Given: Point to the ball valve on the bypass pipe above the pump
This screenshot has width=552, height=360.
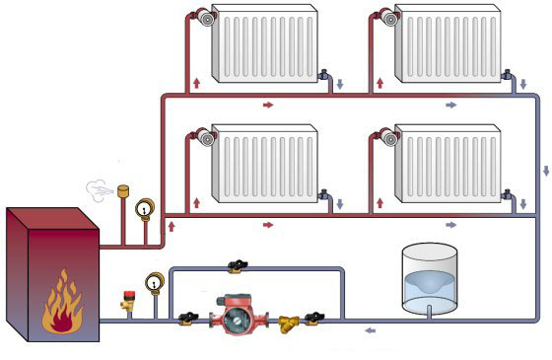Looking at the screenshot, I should click(235, 264).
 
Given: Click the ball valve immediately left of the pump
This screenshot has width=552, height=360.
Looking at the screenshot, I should click(188, 317).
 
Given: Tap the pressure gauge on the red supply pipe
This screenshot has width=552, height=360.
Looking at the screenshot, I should click(146, 208).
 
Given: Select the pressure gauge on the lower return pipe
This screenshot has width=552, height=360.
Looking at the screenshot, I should click(154, 282).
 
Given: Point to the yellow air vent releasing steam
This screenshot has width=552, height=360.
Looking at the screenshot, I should click(124, 189).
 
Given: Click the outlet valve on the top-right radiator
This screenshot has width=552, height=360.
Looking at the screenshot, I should click(507, 74).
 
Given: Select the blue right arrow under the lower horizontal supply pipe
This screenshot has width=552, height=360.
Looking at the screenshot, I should click(451, 225).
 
